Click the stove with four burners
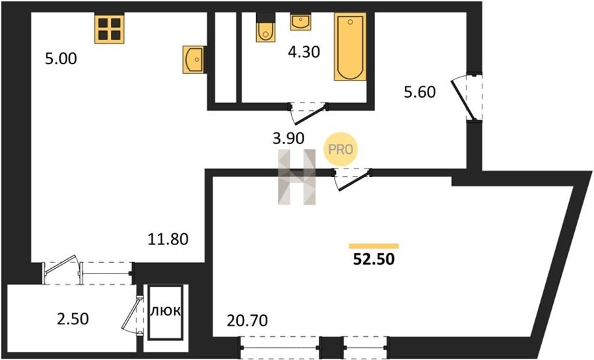click(110, 29)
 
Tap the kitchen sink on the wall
click(194, 59)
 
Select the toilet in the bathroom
click(265, 28)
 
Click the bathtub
click(350, 47)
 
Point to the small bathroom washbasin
click(300, 22)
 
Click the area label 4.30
click(304, 52)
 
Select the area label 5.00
click(61, 59)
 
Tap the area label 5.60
click(420, 92)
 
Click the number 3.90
click(288, 139)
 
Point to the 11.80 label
click(168, 240)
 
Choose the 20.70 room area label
click(247, 321)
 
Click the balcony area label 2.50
click(73, 318)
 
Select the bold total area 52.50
click(374, 259)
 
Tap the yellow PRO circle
click(340, 149)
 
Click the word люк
click(165, 312)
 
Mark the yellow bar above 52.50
click(374, 246)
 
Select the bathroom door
click(307, 112)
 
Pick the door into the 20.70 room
click(352, 179)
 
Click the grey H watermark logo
click(296, 177)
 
